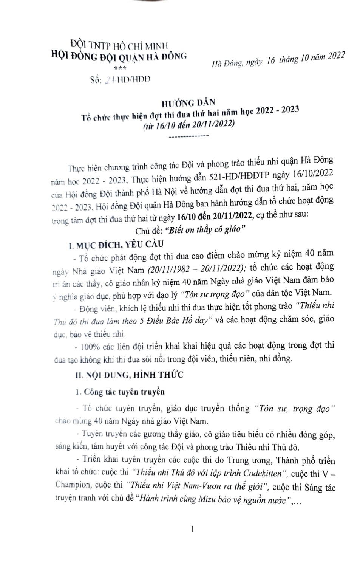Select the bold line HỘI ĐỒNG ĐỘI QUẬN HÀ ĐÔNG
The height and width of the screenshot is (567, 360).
[119, 57]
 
